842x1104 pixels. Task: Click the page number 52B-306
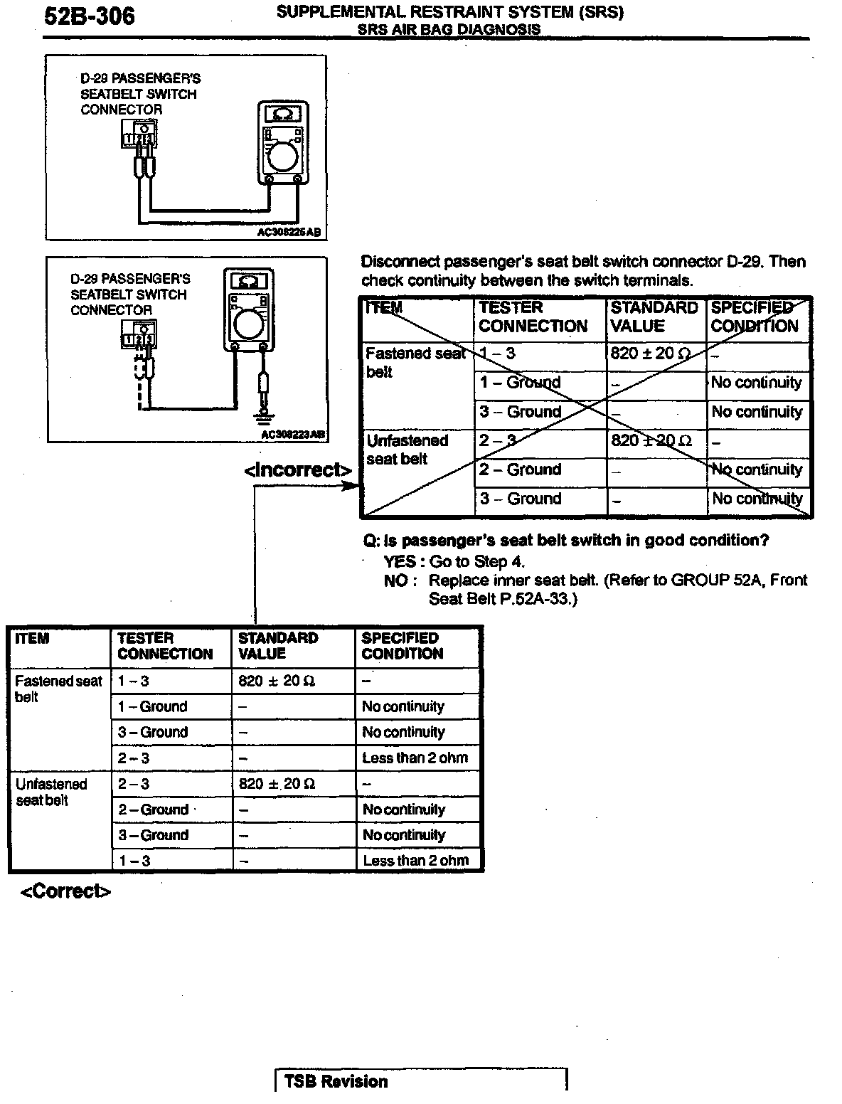click(89, 16)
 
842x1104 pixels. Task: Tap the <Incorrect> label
click(297, 470)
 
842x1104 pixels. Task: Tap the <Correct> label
click(65, 891)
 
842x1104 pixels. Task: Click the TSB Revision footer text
click(336, 1081)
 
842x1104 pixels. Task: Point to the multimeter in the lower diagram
click(248, 310)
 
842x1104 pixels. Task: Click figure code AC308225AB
click(289, 232)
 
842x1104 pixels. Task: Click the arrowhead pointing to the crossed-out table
click(353, 485)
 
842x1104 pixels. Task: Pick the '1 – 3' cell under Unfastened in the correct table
click(134, 861)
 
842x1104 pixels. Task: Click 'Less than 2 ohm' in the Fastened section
click(415, 758)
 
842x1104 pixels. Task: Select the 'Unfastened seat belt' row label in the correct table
click(51, 792)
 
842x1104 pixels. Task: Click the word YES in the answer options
click(399, 561)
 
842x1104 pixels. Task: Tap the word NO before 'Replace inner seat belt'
click(395, 580)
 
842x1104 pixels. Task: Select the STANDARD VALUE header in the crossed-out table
click(654, 317)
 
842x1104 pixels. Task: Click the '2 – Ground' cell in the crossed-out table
click(520, 469)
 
